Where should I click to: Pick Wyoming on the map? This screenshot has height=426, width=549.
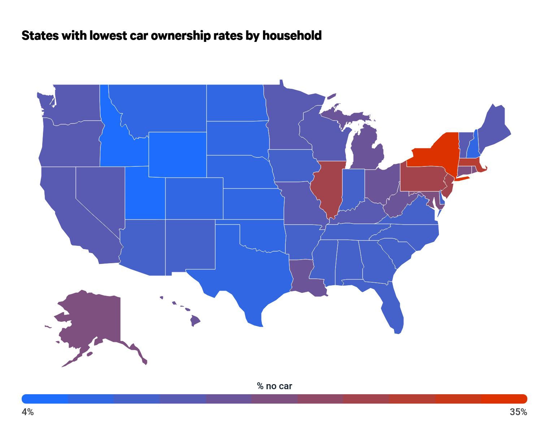[177, 155]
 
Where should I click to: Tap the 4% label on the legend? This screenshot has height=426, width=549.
[28, 412]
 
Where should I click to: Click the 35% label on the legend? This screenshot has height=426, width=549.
[518, 412]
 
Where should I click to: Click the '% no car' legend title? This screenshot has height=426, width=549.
[274, 386]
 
